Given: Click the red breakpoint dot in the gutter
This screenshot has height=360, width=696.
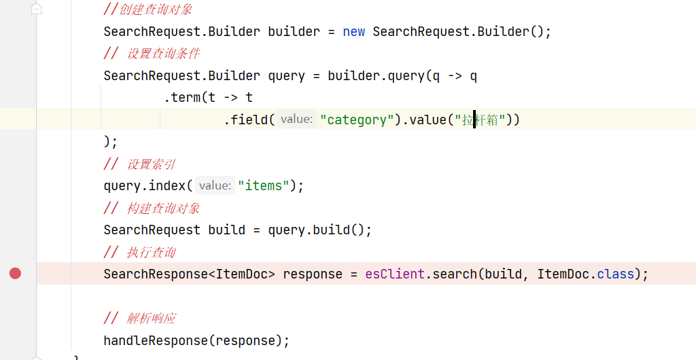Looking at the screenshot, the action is pos(15,273).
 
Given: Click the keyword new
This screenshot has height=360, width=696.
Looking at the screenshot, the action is pos(353,32).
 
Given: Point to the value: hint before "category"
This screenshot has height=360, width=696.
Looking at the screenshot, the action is pos(296,120).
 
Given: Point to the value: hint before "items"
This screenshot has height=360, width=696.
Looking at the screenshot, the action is pos(215,185).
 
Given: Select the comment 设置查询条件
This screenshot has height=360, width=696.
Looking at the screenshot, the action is pos(163,54).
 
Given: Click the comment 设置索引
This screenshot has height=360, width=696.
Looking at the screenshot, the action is pos(151,164).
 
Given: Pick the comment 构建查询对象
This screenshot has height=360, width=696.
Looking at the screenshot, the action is pos(163,208).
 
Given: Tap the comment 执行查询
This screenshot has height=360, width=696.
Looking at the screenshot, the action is pos(151,252).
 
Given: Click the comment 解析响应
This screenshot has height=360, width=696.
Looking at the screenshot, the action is pos(151,318).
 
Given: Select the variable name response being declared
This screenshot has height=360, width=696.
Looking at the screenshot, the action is pos(313,274).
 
